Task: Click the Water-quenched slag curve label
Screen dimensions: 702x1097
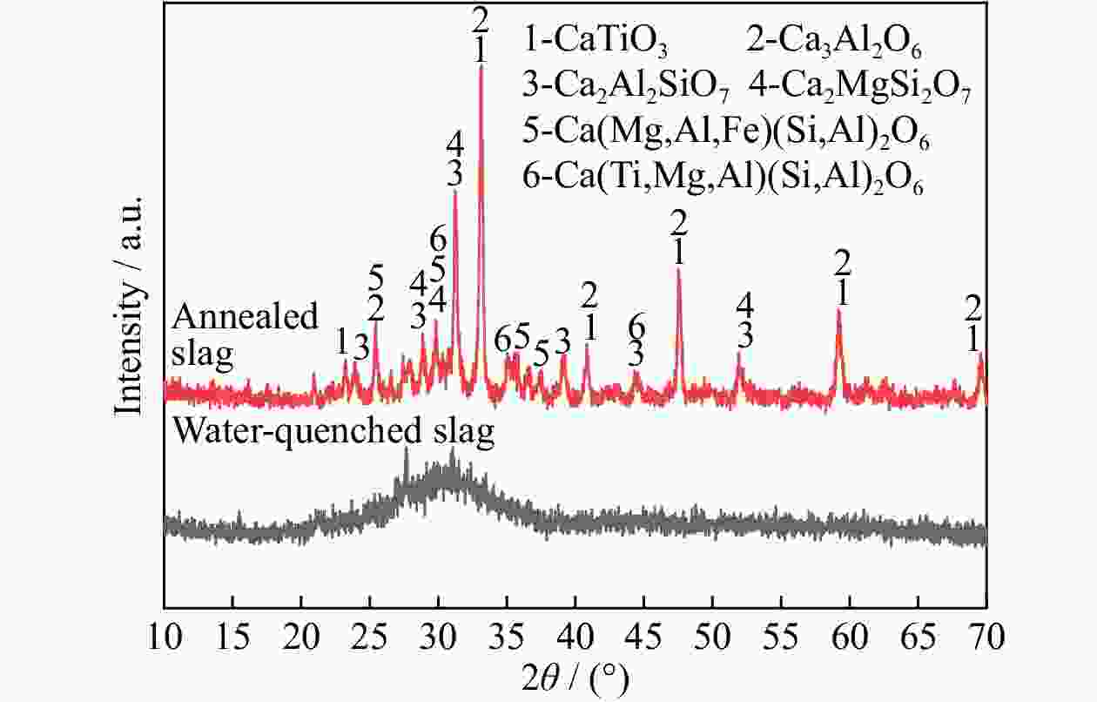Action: [x=335, y=431]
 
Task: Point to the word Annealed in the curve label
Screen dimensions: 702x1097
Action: [x=246, y=317]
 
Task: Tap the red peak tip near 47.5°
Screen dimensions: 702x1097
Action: [x=678, y=269]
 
